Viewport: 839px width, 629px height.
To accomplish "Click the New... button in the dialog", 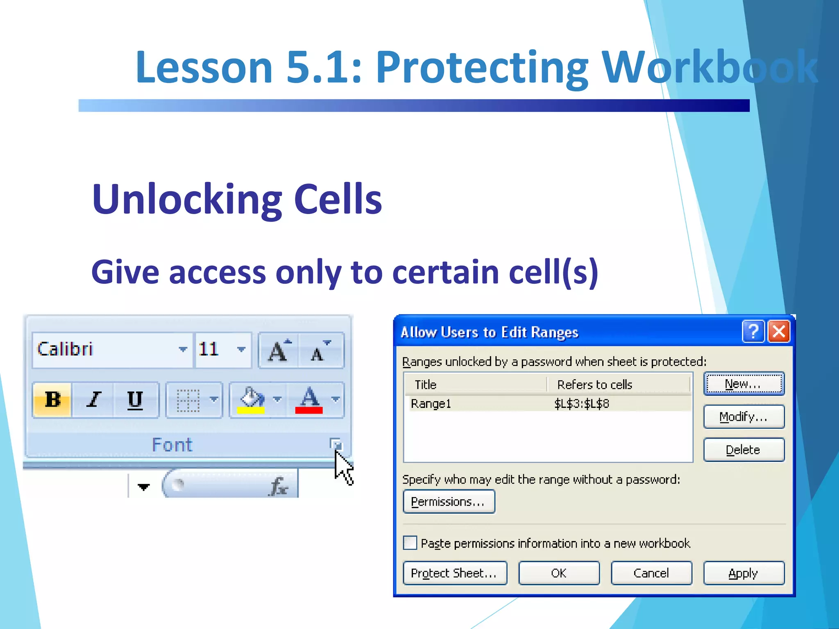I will tap(744, 384).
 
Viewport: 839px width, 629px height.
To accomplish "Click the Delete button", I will tap(744, 450).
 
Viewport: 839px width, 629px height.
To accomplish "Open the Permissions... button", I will tap(449, 502).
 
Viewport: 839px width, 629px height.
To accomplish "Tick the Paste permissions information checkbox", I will tap(410, 543).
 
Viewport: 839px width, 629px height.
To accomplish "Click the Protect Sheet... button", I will tap(454, 573).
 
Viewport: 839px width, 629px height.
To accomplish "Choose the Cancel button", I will tap(651, 573).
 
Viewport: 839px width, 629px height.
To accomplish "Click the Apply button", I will tap(744, 573).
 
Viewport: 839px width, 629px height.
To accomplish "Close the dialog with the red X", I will tap(779, 331).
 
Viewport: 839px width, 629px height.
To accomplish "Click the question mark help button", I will tap(753, 331).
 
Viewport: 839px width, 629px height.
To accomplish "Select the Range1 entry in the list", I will tap(431, 404).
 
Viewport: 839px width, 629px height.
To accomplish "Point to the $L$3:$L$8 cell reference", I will tap(582, 404).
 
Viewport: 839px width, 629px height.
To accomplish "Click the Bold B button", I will tap(52, 399).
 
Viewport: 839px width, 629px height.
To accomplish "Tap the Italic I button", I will tap(94, 399).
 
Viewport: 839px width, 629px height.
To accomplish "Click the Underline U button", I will tap(135, 399).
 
